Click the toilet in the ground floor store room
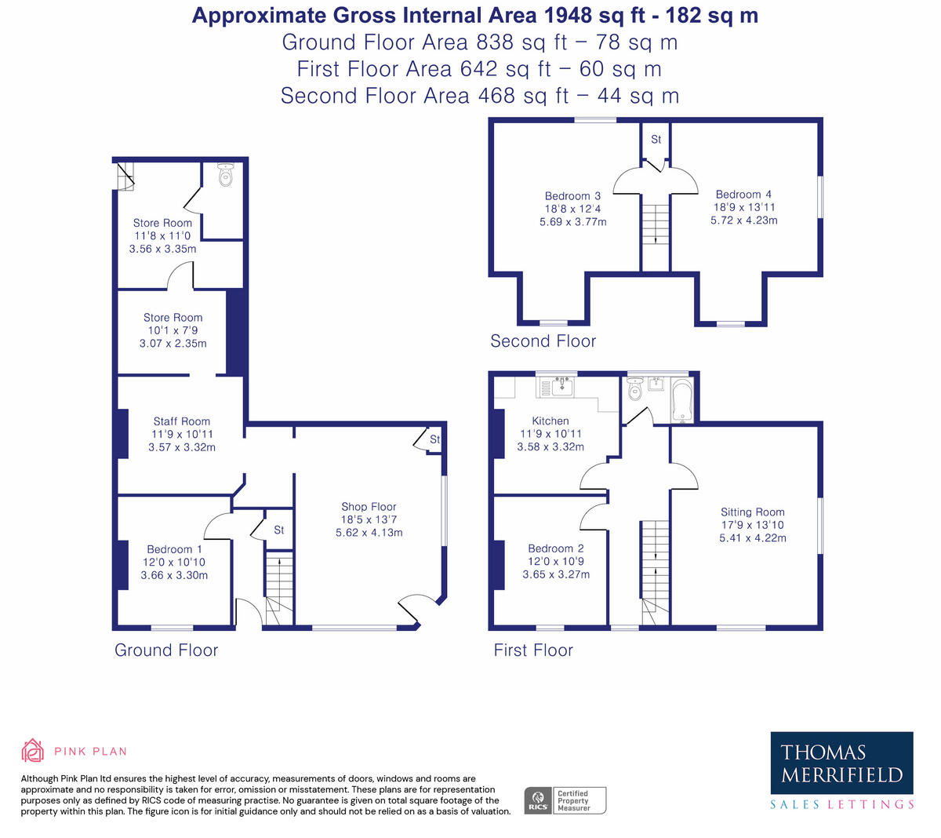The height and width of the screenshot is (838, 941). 226,175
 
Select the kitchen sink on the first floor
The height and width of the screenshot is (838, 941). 561,386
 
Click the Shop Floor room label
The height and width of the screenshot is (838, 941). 369,507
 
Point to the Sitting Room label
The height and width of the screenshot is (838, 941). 752,512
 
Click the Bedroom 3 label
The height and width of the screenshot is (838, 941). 572,196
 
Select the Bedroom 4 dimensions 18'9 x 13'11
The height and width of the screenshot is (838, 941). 744,207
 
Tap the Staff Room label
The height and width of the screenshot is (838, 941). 181,421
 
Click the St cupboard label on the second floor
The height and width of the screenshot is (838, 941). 656,140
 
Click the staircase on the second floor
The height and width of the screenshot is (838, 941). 655,224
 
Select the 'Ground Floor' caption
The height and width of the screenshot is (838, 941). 166,650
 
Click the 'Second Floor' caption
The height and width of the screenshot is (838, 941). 543,341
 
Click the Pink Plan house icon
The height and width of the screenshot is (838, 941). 32,750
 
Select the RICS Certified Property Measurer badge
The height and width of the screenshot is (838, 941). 565,800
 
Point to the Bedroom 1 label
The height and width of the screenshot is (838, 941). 174,549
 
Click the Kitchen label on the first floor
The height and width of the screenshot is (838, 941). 550,421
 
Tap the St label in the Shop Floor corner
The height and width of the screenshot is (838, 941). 434,439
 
